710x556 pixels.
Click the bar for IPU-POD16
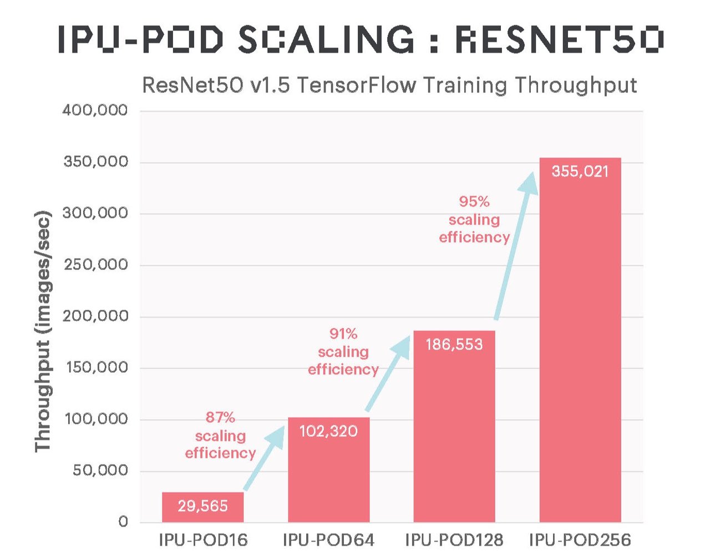202,507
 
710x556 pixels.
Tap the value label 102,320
328,431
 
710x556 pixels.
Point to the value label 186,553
454,345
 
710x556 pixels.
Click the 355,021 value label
580,171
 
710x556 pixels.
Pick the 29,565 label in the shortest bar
202,506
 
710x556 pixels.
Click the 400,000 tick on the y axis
95,110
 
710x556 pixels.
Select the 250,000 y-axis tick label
95,265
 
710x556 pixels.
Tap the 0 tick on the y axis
123,522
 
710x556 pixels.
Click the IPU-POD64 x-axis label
328,540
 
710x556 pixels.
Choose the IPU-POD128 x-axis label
454,540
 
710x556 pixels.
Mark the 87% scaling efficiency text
220,436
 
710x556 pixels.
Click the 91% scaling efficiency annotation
343,352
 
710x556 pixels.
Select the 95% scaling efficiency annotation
474,220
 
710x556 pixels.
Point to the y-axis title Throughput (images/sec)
43,331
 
